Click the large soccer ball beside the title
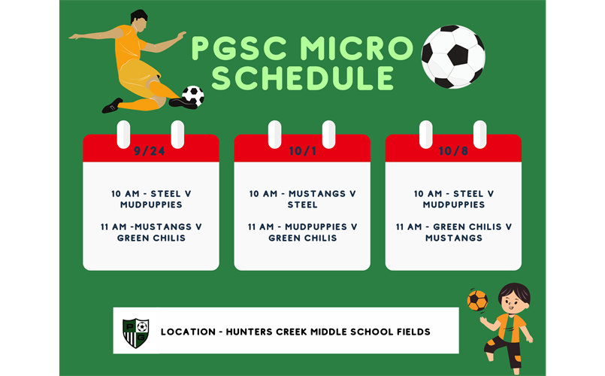pyautogui.click(x=453, y=56)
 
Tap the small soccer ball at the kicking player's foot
pyautogui.click(x=193, y=96)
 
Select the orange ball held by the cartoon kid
pyautogui.click(x=476, y=301)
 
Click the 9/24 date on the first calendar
pyautogui.click(x=150, y=151)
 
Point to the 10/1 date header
pyautogui.click(x=302, y=151)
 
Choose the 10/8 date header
pyautogui.click(x=453, y=151)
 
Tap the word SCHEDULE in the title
pyautogui.click(x=303, y=77)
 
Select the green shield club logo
pyautogui.click(x=135, y=332)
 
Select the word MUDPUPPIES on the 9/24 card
pyautogui.click(x=151, y=205)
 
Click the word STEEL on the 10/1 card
pyautogui.click(x=302, y=205)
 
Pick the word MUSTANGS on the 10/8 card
pyautogui.click(x=453, y=238)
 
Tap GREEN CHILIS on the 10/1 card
pyautogui.click(x=302, y=238)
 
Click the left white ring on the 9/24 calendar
pyautogui.click(x=124, y=135)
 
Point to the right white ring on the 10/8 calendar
pyautogui.click(x=480, y=135)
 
